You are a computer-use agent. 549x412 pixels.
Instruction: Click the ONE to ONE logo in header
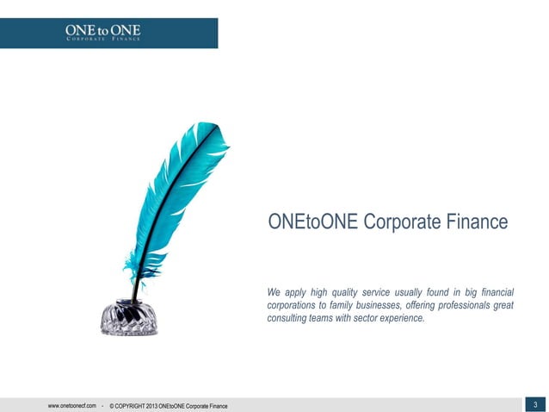[102, 32]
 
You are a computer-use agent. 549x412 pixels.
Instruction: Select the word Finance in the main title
[478, 222]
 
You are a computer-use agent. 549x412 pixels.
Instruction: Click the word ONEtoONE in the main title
[312, 222]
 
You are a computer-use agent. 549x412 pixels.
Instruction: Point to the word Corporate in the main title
[402, 222]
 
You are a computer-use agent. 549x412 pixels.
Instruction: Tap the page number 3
[535, 404]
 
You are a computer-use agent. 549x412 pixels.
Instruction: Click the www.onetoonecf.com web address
[71, 405]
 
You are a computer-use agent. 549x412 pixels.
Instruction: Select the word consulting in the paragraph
[289, 318]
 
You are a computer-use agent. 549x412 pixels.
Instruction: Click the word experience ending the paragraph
[398, 318]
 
